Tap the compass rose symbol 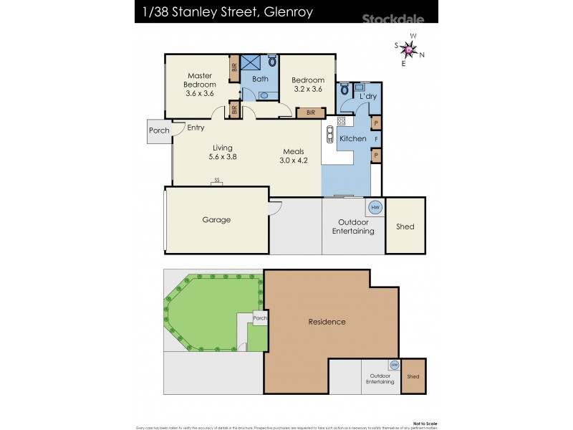pos(409,49)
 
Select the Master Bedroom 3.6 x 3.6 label pos(201,85)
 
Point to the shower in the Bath pos(251,62)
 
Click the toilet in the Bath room pos(271,62)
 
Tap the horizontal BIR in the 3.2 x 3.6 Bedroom pos(311,113)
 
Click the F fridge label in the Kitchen pos(375,138)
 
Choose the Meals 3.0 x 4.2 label pos(294,156)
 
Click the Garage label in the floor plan pos(216,220)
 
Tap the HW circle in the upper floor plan pos(374,208)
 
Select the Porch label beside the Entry pos(159,130)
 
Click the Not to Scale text pos(425,423)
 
